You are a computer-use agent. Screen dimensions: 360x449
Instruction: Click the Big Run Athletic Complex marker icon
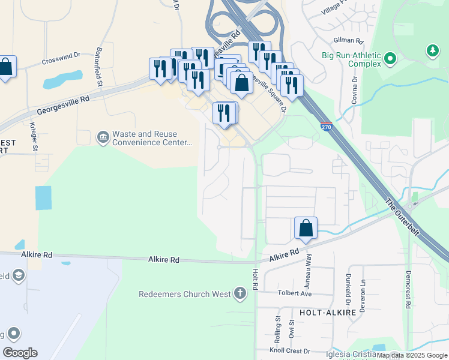click(390, 59)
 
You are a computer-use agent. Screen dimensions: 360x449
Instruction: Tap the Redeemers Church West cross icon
click(240, 294)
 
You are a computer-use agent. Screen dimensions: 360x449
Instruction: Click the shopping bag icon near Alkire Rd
click(306, 229)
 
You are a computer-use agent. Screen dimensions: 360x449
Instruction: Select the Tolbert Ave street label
click(295, 294)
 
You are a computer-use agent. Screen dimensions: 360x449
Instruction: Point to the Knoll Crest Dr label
click(290, 351)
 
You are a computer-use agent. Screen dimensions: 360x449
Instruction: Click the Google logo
click(20, 353)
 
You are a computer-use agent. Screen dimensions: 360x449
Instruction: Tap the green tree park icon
click(432, 52)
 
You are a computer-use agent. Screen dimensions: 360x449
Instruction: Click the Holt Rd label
click(255, 279)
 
